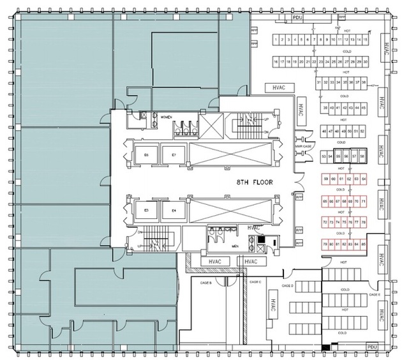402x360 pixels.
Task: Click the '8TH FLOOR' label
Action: (x=254, y=182)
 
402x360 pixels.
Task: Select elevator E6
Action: (x=146, y=155)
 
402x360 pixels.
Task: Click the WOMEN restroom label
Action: (x=166, y=117)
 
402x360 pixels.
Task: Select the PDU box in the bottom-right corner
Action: (x=373, y=347)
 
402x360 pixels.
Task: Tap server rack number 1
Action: (x=275, y=40)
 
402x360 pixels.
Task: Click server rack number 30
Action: (x=366, y=61)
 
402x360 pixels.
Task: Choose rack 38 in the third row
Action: (x=364, y=83)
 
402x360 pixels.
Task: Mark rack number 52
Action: (x=362, y=131)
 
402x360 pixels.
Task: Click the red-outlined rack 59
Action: (x=326, y=180)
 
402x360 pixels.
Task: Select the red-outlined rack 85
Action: (x=363, y=244)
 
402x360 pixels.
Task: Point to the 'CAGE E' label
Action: (x=374, y=295)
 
